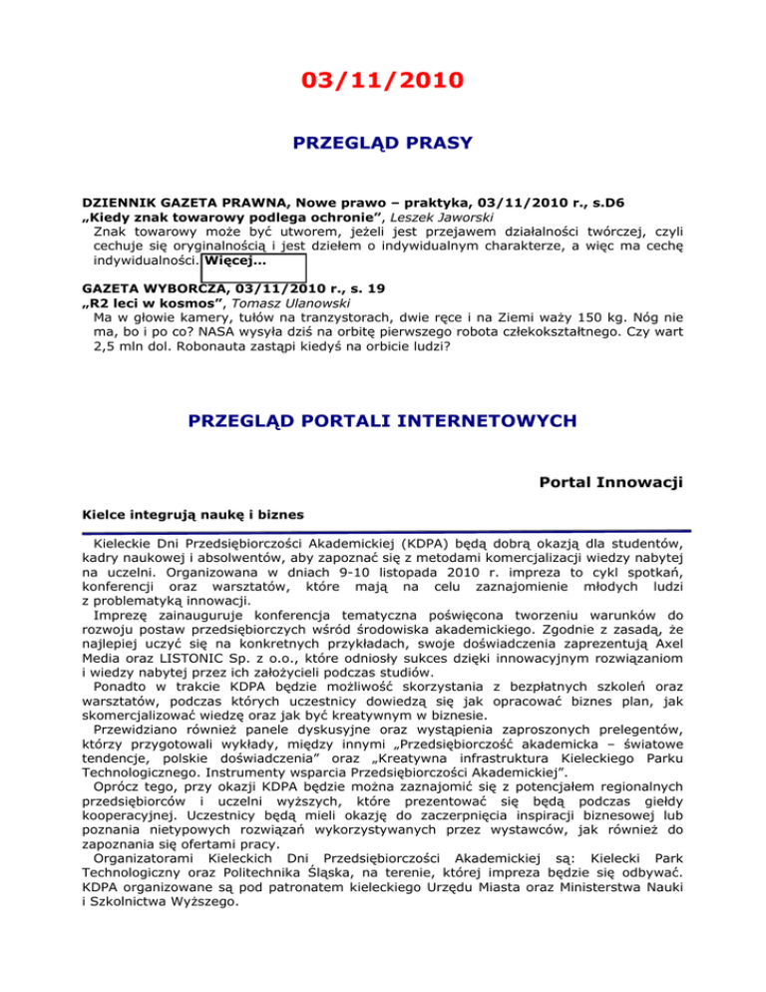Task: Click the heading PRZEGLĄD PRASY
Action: click(382, 144)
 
